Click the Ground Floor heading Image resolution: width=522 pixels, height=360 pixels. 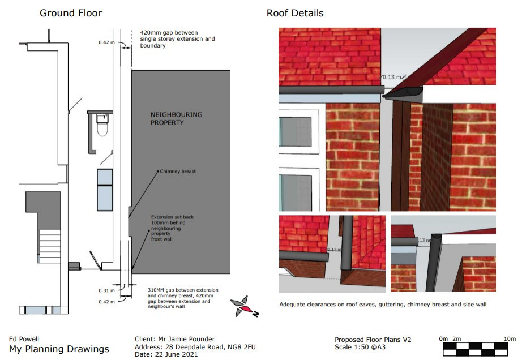(x=71, y=14)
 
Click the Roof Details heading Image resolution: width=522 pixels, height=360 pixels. (x=295, y=14)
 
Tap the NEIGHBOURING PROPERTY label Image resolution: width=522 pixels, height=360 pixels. (x=177, y=118)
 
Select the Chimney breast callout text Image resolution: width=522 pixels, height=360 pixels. (x=178, y=172)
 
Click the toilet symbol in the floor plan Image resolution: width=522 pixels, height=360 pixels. (x=102, y=125)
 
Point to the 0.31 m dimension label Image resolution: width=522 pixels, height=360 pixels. (x=106, y=290)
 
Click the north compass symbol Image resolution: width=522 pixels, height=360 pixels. (x=245, y=307)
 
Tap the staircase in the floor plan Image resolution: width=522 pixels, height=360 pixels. (x=50, y=243)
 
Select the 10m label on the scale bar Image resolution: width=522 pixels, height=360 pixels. (x=510, y=338)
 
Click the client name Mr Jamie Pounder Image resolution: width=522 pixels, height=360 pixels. (x=186, y=339)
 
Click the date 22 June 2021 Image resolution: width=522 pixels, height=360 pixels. (x=177, y=354)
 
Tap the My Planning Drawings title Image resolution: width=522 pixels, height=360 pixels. (x=59, y=349)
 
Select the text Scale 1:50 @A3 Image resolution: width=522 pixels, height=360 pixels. (x=360, y=347)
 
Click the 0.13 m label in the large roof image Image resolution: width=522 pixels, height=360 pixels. (x=392, y=77)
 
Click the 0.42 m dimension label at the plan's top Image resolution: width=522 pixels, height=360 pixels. (x=106, y=42)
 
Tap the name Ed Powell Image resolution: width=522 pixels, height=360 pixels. (x=24, y=339)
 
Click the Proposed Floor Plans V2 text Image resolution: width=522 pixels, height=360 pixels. (x=373, y=340)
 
